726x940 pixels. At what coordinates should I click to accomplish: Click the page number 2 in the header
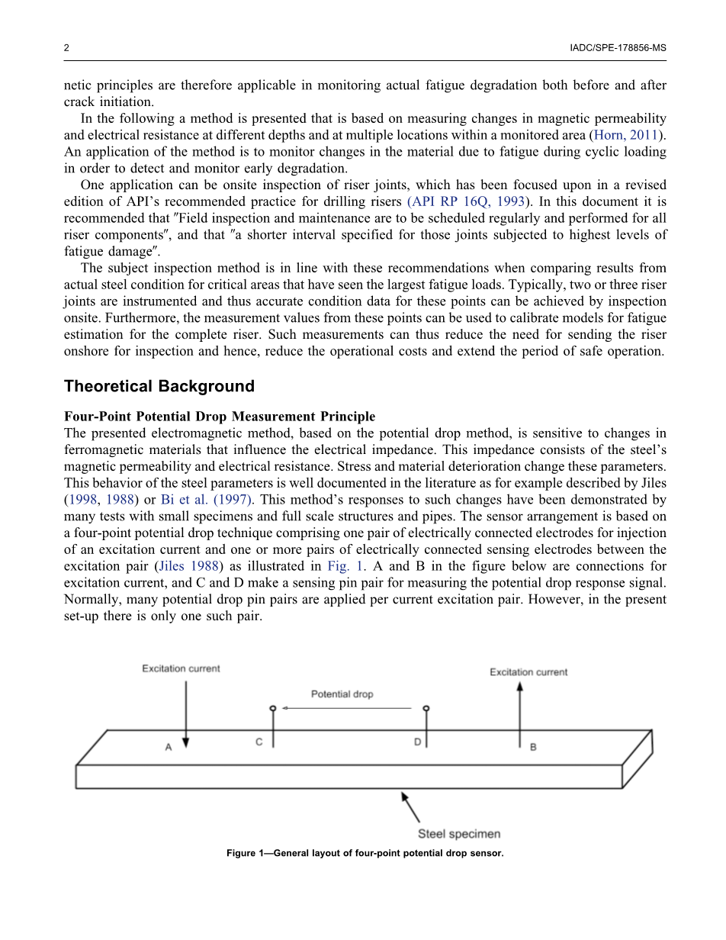[66, 47]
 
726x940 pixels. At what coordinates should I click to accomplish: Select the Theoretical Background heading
[159, 386]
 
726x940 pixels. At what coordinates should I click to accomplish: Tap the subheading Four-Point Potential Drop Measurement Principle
[220, 417]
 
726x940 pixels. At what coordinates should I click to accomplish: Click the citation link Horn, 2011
[630, 135]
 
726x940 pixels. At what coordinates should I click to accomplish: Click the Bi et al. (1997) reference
[206, 500]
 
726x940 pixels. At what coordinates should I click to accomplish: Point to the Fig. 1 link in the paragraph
[344, 566]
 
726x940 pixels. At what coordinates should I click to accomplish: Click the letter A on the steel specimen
[169, 748]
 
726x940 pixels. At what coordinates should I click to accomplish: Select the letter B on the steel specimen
[532, 747]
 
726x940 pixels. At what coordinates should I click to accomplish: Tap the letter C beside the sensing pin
[259, 742]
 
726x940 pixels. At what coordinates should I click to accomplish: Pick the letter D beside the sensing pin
[417, 742]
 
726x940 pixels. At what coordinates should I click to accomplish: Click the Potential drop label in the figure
[342, 694]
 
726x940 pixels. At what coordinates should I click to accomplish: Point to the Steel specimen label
[459, 834]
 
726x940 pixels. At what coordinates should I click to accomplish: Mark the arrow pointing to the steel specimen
[411, 806]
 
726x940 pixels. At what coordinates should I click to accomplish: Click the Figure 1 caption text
[365, 853]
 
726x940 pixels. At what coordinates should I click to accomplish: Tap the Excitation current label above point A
[181, 668]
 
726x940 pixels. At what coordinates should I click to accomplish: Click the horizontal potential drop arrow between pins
[347, 708]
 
